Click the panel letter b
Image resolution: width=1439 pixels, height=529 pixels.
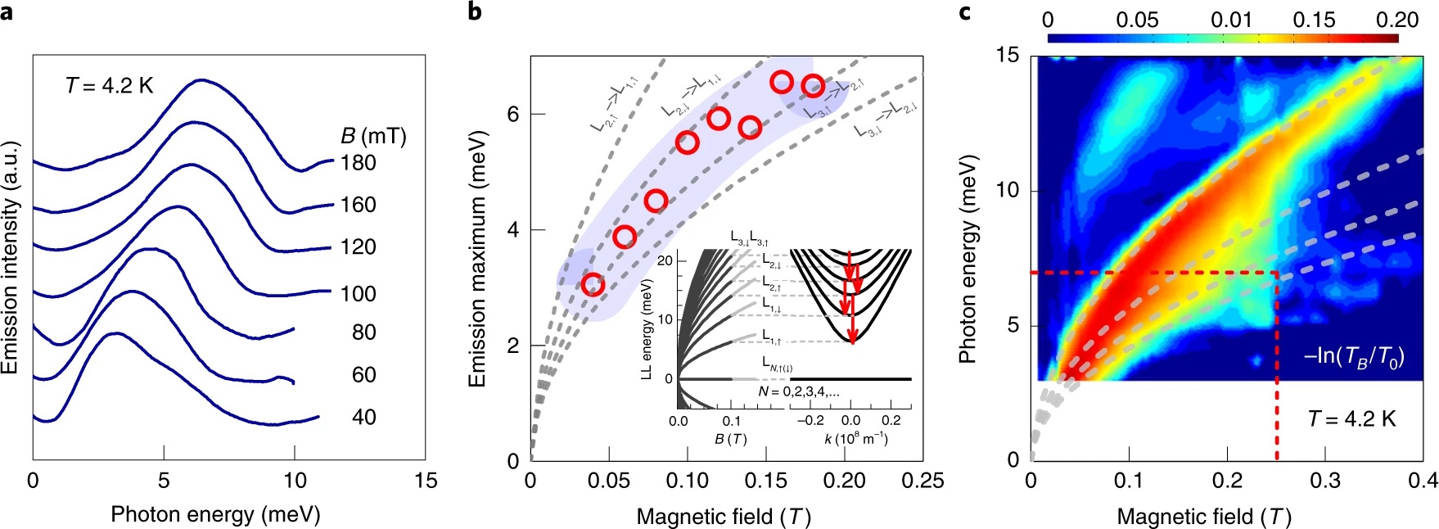point(474,11)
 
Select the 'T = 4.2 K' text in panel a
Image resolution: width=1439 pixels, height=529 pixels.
point(109,85)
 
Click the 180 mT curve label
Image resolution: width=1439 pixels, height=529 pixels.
point(359,163)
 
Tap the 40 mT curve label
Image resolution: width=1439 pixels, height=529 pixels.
point(364,417)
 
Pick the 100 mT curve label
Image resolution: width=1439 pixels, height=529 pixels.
point(359,293)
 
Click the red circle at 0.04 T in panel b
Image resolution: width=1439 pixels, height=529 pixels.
point(593,284)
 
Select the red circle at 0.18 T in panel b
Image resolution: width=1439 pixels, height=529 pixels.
point(812,85)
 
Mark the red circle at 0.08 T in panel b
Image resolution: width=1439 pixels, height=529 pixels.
point(656,201)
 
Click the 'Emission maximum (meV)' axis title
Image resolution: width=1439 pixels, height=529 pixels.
point(476,258)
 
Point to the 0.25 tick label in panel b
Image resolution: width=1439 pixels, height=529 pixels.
point(922,481)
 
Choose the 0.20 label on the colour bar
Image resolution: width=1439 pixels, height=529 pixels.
point(1397,20)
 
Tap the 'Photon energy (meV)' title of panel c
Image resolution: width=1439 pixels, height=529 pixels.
point(968,258)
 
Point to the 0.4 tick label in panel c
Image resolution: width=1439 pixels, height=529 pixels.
point(1423,481)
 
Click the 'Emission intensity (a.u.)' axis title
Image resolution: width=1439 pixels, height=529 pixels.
point(10,258)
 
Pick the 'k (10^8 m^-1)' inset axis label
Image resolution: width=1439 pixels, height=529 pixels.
point(855,439)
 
